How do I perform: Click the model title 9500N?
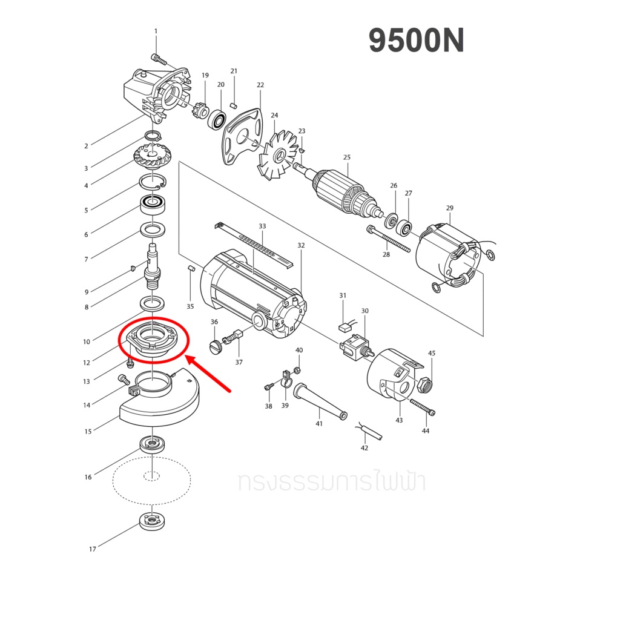[417, 41]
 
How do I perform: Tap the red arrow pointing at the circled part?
[208, 373]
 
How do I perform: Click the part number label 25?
[347, 157]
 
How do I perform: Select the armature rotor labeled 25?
[340, 193]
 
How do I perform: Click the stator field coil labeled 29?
[450, 256]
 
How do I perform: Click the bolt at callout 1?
[159, 60]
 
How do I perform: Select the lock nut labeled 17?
[152, 521]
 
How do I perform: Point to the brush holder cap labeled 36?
[216, 346]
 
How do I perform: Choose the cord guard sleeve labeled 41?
[320, 401]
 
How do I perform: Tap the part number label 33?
[262, 226]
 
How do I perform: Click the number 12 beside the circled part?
[87, 363]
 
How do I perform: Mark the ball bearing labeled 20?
[217, 119]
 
